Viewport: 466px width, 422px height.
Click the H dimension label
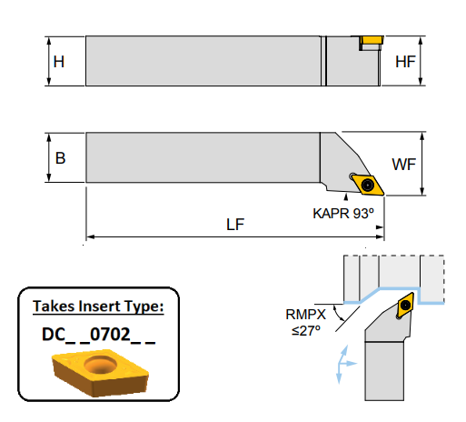(59, 62)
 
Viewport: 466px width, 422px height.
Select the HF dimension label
(406, 62)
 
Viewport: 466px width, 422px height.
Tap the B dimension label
(60, 158)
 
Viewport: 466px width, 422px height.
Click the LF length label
(234, 225)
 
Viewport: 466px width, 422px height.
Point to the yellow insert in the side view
(370, 40)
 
